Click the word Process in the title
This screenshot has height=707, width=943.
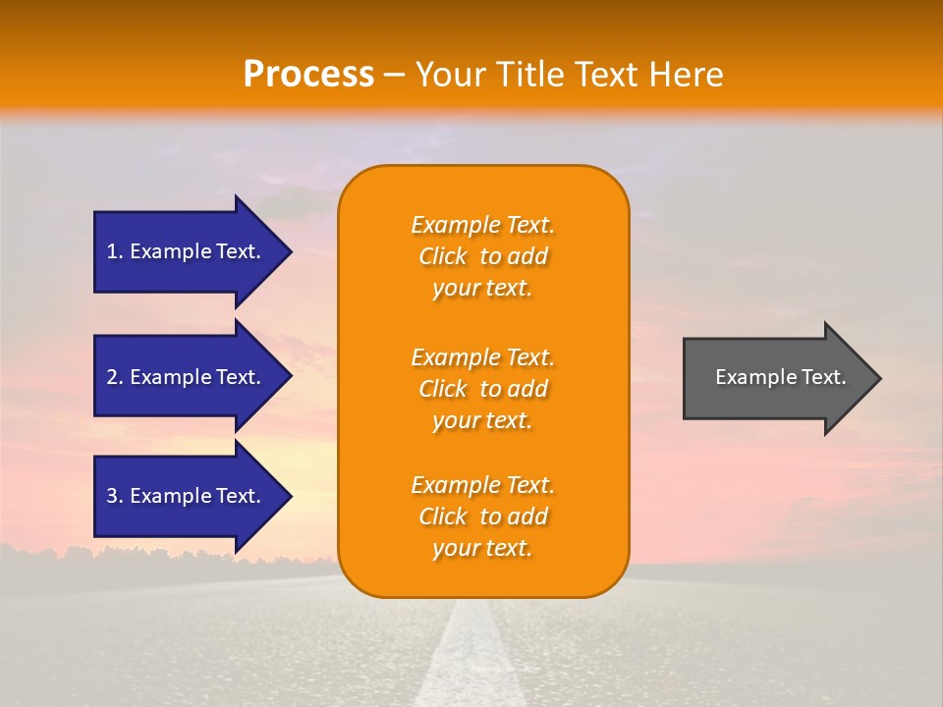(308, 75)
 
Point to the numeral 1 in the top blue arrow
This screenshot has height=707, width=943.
(112, 251)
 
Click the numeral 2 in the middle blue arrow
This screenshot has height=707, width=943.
(112, 377)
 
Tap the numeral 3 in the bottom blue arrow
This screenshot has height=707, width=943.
(112, 496)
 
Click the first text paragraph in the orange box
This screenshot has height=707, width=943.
(482, 256)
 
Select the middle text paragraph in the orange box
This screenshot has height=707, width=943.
(482, 389)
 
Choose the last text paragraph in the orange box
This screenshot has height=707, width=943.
(482, 517)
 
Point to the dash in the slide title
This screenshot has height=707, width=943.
(395, 75)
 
